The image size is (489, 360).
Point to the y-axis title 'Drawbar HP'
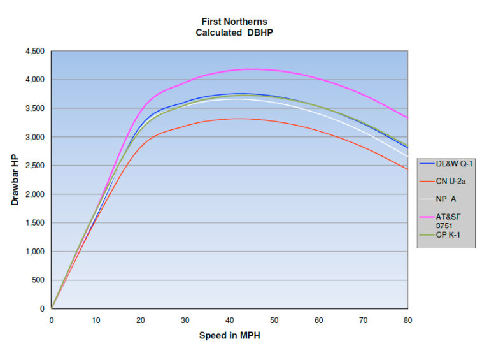click(15, 180)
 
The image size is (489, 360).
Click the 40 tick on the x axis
click(229, 320)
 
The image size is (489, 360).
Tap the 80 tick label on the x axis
click(407, 320)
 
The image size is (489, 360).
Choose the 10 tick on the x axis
click(96, 320)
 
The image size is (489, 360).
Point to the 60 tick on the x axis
click(318, 320)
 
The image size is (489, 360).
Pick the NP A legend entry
click(446, 199)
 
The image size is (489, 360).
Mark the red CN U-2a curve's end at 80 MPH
click(407, 169)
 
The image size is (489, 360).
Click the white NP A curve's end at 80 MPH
click(407, 157)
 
